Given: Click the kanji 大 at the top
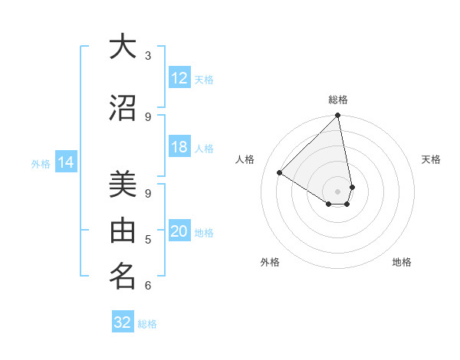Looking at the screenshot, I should click(123, 47).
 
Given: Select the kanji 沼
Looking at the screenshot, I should click(123, 109).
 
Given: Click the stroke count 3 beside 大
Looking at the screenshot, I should click(147, 56).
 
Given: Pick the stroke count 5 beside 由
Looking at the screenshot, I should click(147, 241).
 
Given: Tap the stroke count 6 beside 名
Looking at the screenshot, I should click(147, 286).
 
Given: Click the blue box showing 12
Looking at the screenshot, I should click(179, 78).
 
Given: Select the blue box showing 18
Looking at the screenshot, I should click(179, 148).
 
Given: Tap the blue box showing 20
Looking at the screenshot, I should click(179, 232).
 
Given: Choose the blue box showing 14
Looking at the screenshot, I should click(66, 162).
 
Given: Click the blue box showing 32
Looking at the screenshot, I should click(123, 322).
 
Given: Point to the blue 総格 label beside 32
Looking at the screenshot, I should click(147, 324).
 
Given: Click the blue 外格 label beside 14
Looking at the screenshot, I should click(41, 163).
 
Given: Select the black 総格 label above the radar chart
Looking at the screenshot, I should click(338, 100).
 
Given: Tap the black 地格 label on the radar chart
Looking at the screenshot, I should click(402, 262).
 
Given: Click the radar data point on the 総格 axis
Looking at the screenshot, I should click(338, 116).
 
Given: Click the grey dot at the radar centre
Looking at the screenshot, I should click(338, 191).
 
